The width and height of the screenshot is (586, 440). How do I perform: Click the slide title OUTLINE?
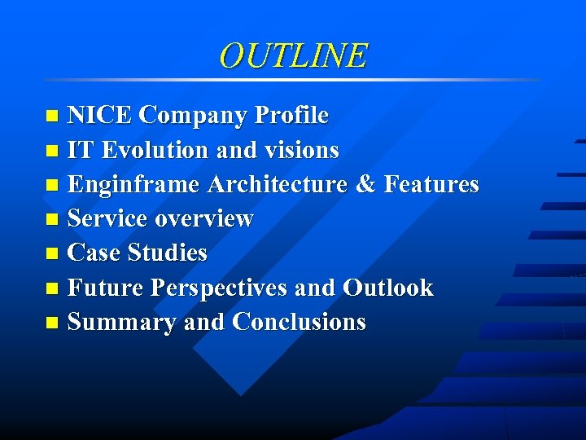pos(293,55)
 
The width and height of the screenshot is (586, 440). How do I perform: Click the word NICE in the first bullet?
pos(99,116)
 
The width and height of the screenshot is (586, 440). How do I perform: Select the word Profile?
pos(291,116)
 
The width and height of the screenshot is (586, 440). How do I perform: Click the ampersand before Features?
pos(365,185)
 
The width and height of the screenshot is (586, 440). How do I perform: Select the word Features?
pos(431,185)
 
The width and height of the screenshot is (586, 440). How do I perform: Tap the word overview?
pos(204,219)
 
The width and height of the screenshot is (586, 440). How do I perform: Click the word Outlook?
pos(388,288)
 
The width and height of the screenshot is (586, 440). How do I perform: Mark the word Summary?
pos(122,323)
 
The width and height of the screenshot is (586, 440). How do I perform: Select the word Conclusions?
pos(299,323)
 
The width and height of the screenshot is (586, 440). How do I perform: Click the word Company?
pos(192,116)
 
